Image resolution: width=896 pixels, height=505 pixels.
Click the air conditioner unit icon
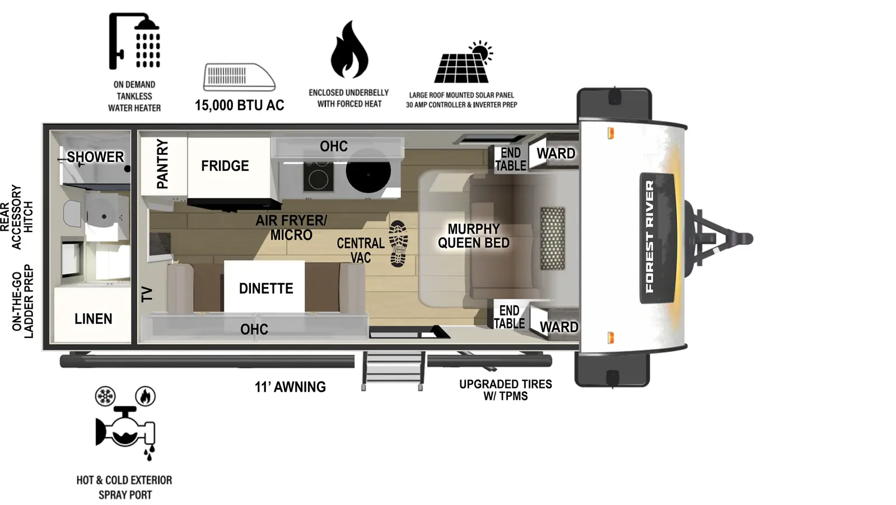239,77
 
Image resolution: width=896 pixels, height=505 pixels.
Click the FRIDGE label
225,166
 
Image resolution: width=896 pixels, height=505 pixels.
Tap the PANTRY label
162,164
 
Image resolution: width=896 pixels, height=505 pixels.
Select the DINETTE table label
266,288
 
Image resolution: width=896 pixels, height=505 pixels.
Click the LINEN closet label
94,318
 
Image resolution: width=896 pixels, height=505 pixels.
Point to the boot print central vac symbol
398,243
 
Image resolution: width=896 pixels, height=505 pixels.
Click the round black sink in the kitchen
368,174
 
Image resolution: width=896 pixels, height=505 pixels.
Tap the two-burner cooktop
318,175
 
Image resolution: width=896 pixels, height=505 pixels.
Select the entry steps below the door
393,370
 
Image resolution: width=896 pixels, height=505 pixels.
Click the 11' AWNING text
290,387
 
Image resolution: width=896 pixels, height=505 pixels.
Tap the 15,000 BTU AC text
239,105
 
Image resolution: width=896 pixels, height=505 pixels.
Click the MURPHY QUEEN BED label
474,236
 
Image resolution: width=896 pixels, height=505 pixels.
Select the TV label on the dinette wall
147,294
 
